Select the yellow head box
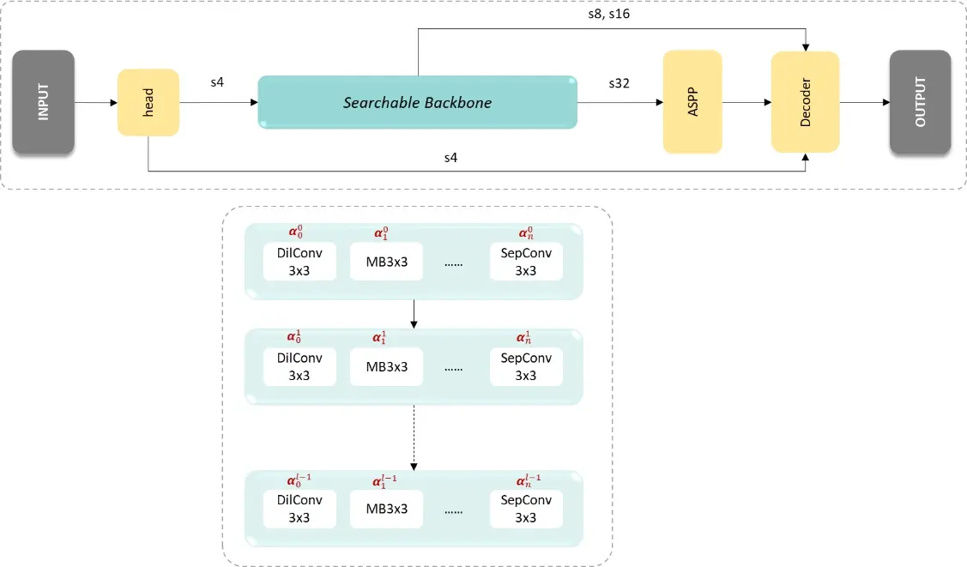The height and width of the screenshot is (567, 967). point(148,102)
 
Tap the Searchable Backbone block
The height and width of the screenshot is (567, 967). point(417,102)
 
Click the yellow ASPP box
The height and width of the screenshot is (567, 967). point(692,102)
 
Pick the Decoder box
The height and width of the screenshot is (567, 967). point(805,102)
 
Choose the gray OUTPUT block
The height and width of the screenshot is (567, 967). point(920,102)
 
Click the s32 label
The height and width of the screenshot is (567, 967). point(619,83)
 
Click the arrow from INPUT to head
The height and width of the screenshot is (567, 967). point(96,103)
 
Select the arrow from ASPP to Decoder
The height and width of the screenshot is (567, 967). point(746,103)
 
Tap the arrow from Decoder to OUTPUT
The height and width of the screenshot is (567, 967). point(864,103)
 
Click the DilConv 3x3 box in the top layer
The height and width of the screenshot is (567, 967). point(300,262)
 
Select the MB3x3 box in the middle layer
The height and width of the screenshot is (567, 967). point(387,366)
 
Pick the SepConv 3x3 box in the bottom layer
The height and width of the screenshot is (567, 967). point(526,509)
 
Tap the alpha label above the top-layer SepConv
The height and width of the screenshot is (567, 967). point(526,233)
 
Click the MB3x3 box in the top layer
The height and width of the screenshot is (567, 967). point(387,262)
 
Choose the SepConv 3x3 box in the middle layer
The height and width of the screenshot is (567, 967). point(526,366)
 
